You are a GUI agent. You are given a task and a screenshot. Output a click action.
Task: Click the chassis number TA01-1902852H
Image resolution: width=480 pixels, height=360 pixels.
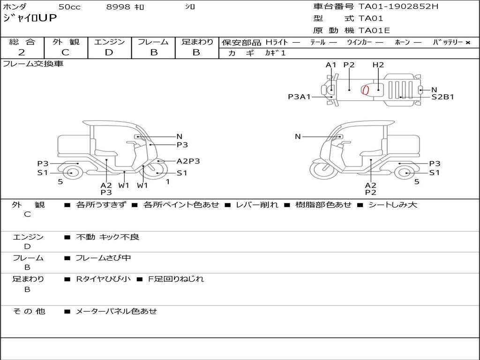[398, 7]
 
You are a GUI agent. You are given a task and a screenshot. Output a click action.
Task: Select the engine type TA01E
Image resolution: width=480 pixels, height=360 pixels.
[374, 30]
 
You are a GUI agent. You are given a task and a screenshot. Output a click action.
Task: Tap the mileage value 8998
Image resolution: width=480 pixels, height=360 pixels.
[118, 7]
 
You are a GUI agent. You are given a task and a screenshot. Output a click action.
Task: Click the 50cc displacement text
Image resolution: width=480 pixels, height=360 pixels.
[69, 7]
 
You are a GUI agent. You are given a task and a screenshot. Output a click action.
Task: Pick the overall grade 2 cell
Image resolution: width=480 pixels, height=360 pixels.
[22, 52]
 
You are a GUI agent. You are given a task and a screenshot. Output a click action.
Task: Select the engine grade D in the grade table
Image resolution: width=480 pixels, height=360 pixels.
[109, 52]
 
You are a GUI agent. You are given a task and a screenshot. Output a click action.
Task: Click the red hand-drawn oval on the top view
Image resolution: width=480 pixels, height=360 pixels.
[365, 90]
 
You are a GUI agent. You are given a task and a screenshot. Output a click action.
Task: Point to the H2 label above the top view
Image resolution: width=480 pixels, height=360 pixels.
[378, 65]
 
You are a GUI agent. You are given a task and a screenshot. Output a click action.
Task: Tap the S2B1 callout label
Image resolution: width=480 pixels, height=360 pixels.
[442, 97]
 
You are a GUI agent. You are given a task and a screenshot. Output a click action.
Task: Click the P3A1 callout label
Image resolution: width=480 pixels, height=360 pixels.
[300, 97]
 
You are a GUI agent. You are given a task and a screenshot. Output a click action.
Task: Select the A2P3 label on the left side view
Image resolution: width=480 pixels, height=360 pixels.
[188, 161]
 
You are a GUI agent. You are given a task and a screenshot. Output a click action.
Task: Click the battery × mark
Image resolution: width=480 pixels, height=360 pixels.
[468, 43]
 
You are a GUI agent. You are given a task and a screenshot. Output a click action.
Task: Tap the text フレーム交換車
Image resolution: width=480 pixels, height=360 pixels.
[33, 64]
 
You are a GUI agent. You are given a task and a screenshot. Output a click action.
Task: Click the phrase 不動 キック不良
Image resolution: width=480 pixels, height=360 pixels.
[107, 237]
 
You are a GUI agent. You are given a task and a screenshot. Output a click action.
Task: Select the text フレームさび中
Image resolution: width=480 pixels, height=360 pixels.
[103, 258]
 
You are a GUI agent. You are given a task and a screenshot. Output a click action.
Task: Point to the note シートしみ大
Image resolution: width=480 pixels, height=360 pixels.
[393, 204]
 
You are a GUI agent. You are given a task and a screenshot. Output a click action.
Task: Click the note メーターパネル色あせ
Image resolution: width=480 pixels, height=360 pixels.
[116, 311]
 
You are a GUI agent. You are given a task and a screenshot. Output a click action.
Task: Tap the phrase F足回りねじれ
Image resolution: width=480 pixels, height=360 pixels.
[176, 279]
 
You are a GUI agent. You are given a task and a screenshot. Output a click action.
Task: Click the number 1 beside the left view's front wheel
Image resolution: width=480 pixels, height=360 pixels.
[168, 182]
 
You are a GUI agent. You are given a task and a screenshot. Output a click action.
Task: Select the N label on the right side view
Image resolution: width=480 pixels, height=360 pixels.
[298, 136]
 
